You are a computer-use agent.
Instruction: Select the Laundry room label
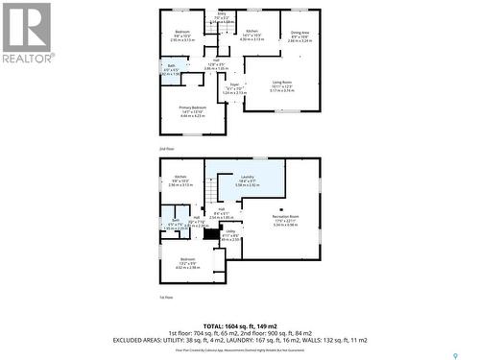(247, 178)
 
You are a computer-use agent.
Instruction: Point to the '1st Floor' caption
(166, 298)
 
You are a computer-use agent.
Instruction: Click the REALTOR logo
(27, 34)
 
